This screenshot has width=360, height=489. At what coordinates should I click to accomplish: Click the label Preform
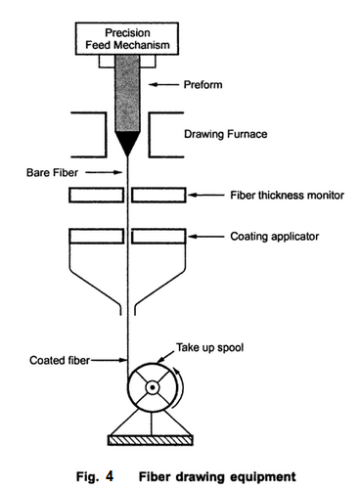pyautogui.click(x=232, y=85)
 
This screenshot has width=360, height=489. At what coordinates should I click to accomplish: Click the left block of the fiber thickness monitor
pyautogui.click(x=95, y=196)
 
